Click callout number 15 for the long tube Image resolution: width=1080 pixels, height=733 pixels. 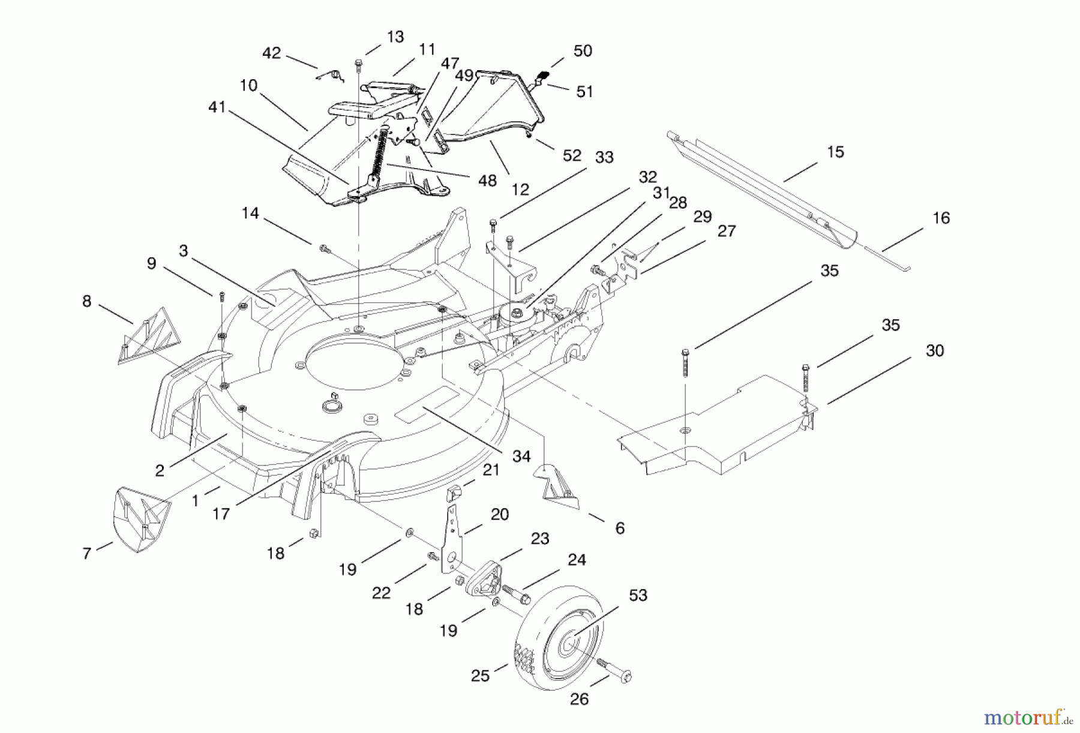click(835, 152)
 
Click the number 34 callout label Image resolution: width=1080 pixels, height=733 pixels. click(521, 456)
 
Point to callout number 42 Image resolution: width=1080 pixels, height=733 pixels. click(271, 53)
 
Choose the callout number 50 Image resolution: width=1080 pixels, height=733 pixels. click(582, 51)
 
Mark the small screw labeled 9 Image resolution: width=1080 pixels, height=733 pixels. click(221, 296)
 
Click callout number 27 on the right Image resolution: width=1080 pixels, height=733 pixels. click(726, 231)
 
